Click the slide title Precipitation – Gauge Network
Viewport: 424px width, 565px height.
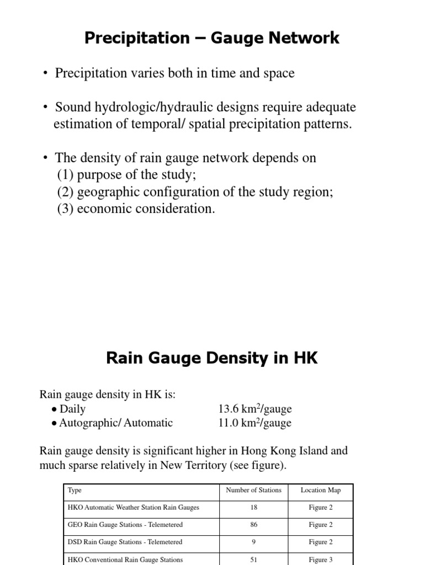tap(211, 38)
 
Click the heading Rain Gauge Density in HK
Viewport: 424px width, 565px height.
tap(211, 358)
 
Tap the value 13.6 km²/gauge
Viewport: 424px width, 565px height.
tap(255, 409)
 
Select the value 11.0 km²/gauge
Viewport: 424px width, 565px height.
tap(255, 423)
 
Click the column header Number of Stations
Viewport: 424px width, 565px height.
tap(253, 490)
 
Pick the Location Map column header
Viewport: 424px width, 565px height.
tap(320, 490)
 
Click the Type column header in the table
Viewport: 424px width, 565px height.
tap(74, 490)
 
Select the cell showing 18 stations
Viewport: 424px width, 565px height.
tap(253, 508)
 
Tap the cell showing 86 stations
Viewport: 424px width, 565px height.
tap(253, 525)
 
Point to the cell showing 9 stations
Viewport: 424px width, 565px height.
tap(253, 542)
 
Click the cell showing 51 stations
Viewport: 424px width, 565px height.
tap(253, 559)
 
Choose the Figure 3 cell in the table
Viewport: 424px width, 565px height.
tap(320, 559)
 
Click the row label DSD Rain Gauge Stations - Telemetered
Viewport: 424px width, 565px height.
tap(124, 542)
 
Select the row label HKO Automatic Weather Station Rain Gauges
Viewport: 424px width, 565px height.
tap(133, 508)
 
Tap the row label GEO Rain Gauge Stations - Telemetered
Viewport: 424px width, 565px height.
tap(125, 525)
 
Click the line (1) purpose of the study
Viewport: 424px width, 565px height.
tap(126, 175)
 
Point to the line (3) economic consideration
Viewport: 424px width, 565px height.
tap(136, 209)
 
